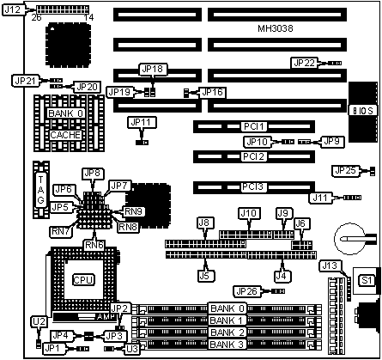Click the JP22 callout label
(x=305, y=63)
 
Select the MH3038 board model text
(x=276, y=28)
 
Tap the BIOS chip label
(x=363, y=111)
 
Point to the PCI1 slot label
(x=254, y=126)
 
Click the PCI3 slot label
(x=252, y=187)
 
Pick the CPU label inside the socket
(x=83, y=280)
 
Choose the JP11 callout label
(x=142, y=123)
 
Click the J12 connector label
(x=13, y=9)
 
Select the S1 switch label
(x=367, y=280)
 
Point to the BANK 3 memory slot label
(x=227, y=345)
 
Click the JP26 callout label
(x=247, y=291)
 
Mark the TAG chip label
(x=41, y=189)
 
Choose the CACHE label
(x=65, y=135)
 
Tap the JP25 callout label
(x=346, y=171)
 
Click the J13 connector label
(x=330, y=266)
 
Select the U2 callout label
(x=39, y=322)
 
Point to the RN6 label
(x=94, y=245)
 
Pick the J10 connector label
(x=249, y=213)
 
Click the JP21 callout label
(x=26, y=81)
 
